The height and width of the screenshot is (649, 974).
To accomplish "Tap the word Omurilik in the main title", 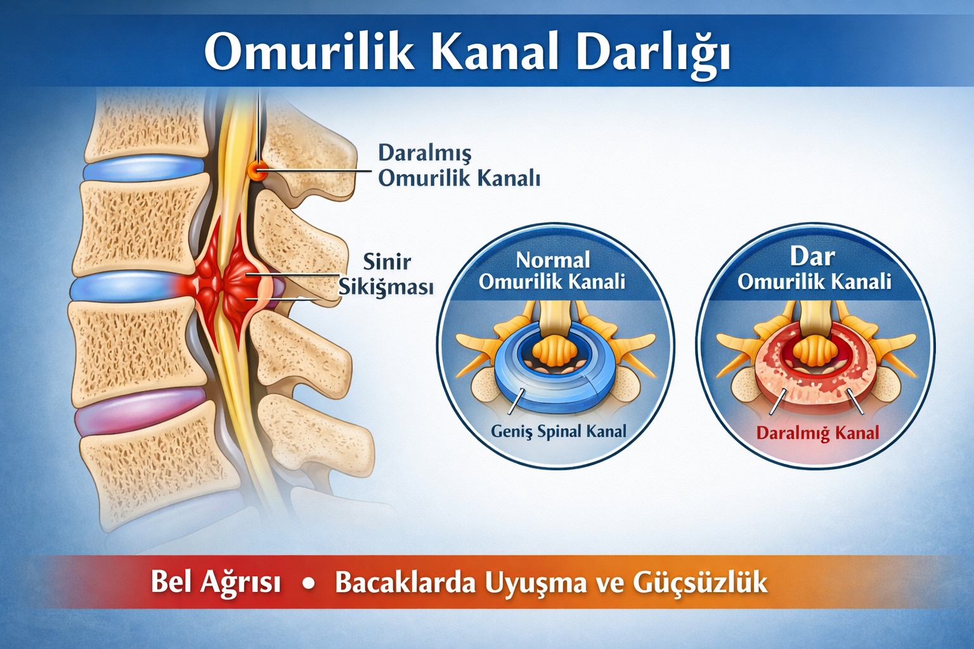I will tap(309, 52).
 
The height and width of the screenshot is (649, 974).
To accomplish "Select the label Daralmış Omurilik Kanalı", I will tap(458, 165).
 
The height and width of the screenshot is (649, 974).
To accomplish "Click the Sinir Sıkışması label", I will tap(386, 274).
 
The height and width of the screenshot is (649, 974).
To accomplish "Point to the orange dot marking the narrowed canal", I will tap(257, 170).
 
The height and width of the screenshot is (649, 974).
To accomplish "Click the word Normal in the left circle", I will tap(552, 260).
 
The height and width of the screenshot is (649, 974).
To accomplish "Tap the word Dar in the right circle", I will tap(812, 257).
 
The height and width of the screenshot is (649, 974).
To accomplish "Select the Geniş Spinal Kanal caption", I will tap(558, 432).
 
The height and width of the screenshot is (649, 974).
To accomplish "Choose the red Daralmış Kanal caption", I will tap(817, 434).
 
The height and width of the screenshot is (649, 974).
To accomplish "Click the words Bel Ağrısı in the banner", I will tap(216, 582).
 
